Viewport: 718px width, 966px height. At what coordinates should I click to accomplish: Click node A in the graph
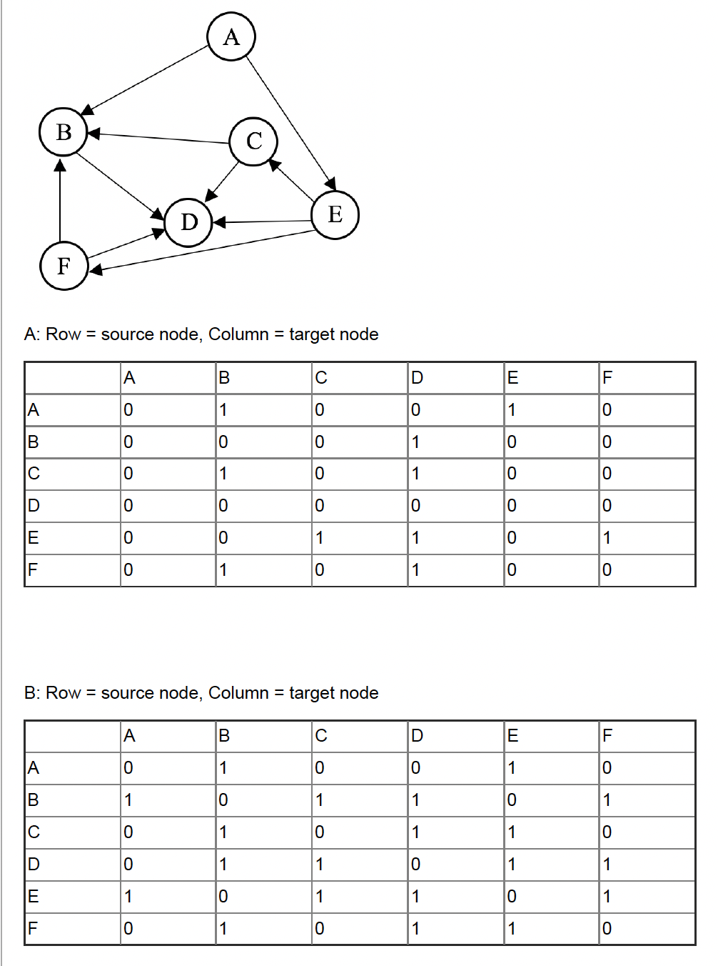point(231,36)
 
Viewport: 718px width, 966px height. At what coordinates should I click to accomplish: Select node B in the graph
point(64,132)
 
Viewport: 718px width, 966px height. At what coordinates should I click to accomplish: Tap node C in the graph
point(253,141)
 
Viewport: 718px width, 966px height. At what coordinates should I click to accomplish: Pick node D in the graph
point(188,222)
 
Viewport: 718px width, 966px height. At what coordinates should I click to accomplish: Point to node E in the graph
point(335,214)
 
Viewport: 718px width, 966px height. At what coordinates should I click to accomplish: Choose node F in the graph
point(64,266)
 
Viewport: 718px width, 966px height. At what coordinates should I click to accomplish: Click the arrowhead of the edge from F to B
point(61,166)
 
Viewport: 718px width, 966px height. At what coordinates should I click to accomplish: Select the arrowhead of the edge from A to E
point(330,182)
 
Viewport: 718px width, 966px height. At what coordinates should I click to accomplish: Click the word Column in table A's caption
point(238,334)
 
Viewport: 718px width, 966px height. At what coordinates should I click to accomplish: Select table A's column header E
point(512,378)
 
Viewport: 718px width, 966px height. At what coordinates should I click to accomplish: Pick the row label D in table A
point(34,506)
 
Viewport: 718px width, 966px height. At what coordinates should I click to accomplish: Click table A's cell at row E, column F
point(607,538)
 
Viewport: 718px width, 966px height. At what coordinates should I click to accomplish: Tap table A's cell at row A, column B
point(223,410)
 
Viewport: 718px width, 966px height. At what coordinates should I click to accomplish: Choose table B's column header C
point(321,736)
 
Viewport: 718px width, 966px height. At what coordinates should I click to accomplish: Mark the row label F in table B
point(32,929)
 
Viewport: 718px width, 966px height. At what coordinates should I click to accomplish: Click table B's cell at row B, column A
point(128,800)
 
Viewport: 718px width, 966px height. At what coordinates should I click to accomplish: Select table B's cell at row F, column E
point(512,929)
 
